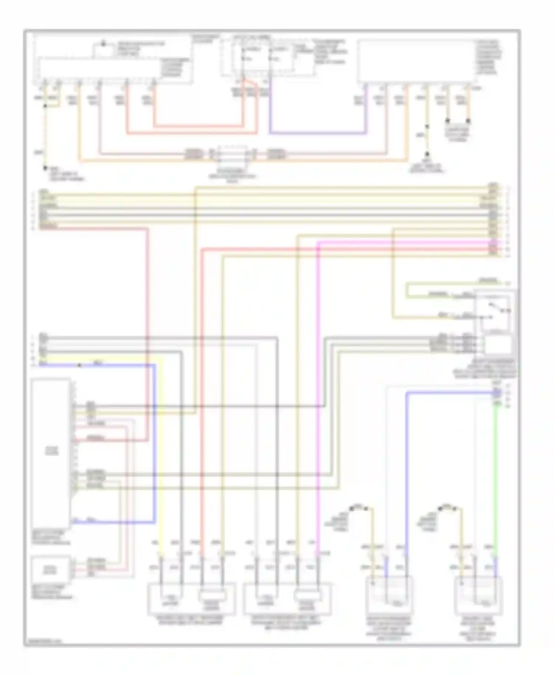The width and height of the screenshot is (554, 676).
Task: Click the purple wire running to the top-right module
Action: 318,132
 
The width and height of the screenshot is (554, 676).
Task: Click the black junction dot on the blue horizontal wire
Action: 79,365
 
